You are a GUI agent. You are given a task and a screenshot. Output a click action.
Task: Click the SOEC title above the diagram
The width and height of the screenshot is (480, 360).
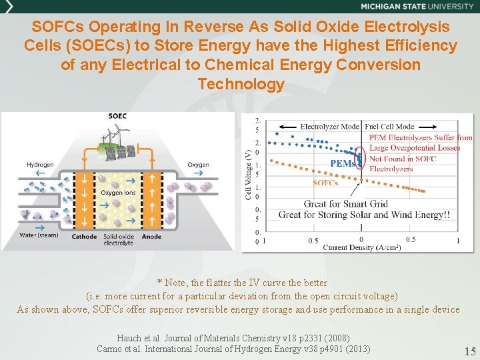119,117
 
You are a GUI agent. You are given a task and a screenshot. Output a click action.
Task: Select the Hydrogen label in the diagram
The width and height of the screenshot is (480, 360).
41,165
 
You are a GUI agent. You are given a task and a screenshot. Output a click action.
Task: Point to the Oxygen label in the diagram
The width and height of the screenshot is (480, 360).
198,165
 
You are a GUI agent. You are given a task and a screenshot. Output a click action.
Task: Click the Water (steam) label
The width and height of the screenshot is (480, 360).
39,235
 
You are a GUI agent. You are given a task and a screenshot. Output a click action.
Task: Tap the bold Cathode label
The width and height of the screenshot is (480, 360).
84,235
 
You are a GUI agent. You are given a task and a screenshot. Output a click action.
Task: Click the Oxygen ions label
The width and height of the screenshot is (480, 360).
117,193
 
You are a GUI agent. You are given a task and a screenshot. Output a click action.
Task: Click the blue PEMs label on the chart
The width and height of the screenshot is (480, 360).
343,163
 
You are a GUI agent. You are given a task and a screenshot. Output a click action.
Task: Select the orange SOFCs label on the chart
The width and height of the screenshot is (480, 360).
325,183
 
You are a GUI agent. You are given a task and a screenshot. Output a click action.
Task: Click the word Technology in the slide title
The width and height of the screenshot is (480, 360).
241,85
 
